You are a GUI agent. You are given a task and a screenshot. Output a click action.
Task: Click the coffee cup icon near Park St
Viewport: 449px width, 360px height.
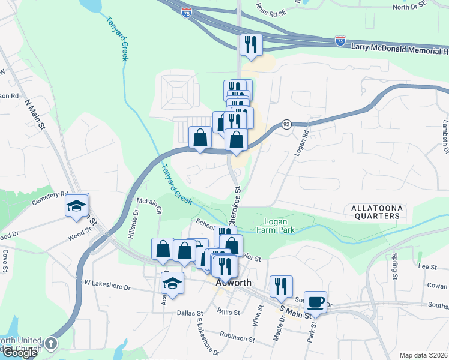[316, 301]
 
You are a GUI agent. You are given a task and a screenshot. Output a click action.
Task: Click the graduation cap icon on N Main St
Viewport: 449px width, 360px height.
[76, 206]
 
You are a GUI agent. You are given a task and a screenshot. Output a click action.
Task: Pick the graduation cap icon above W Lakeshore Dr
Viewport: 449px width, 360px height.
[173, 283]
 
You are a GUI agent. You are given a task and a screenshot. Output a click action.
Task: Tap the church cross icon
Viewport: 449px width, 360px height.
[51, 344]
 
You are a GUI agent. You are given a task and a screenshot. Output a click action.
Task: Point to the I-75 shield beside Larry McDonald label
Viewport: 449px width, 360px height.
[340, 41]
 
